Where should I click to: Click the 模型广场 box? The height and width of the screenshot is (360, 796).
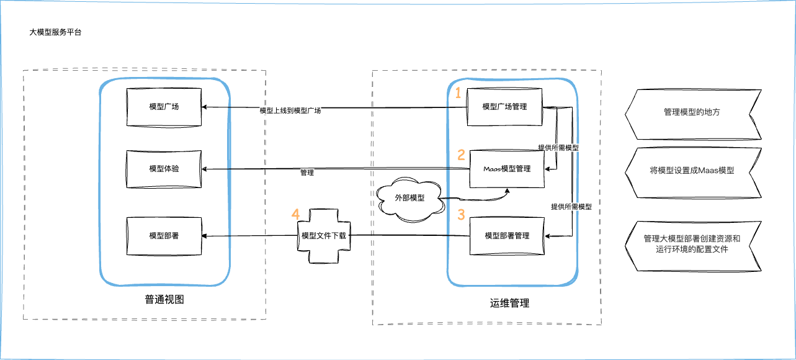[x=164, y=107]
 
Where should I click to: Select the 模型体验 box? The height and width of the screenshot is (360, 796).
[x=164, y=169]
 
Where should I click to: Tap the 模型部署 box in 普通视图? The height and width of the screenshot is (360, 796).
[x=164, y=236]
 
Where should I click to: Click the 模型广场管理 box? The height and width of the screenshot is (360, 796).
[x=504, y=107]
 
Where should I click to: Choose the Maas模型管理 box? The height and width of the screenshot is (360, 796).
[x=507, y=169]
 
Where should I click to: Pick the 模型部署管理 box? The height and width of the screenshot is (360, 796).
[x=507, y=236]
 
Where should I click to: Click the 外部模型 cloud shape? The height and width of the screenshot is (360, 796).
[x=410, y=198]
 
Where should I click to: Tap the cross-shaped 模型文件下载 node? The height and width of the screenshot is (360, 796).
[x=323, y=236]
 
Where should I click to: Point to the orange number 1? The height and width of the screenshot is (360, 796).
[x=458, y=94]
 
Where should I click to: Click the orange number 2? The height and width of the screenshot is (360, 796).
[x=461, y=155]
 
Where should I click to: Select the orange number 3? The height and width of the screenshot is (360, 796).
[x=461, y=215]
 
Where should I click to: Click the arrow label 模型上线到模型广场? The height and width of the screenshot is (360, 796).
[x=290, y=111]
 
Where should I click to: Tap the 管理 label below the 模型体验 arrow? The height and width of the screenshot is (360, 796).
[x=306, y=173]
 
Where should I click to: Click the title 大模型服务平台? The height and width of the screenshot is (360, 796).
[x=55, y=32]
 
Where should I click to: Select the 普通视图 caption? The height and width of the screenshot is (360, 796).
[x=164, y=300]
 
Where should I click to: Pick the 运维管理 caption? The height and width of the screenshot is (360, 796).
[x=506, y=304]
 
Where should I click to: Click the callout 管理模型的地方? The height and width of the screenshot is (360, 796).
[x=692, y=113]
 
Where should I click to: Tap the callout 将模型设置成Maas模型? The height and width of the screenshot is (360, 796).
[x=692, y=170]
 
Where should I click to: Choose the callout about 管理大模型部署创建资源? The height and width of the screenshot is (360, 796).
[x=692, y=244]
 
